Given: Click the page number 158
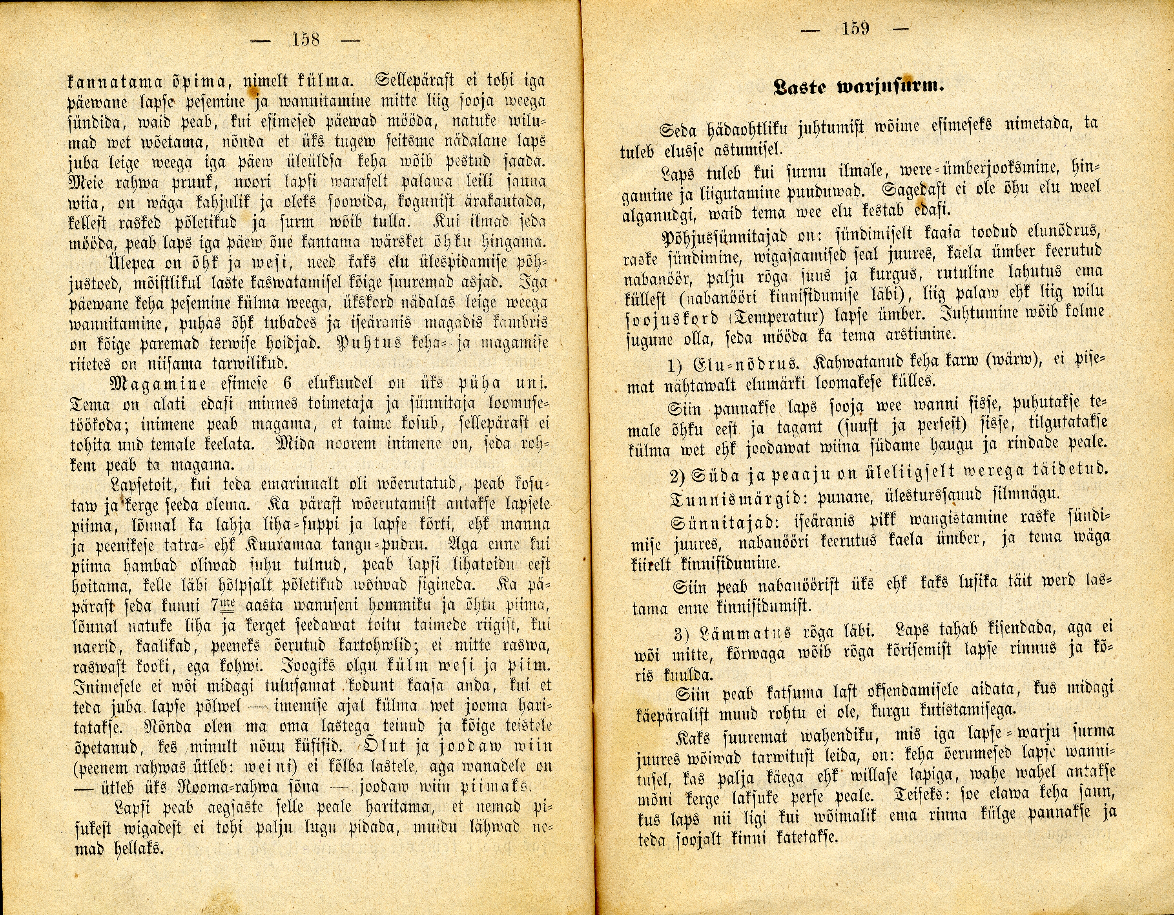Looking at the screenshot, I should click(x=305, y=39).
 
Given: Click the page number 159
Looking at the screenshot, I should click(x=856, y=28).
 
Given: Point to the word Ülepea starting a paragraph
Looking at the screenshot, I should click(x=128, y=263).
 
